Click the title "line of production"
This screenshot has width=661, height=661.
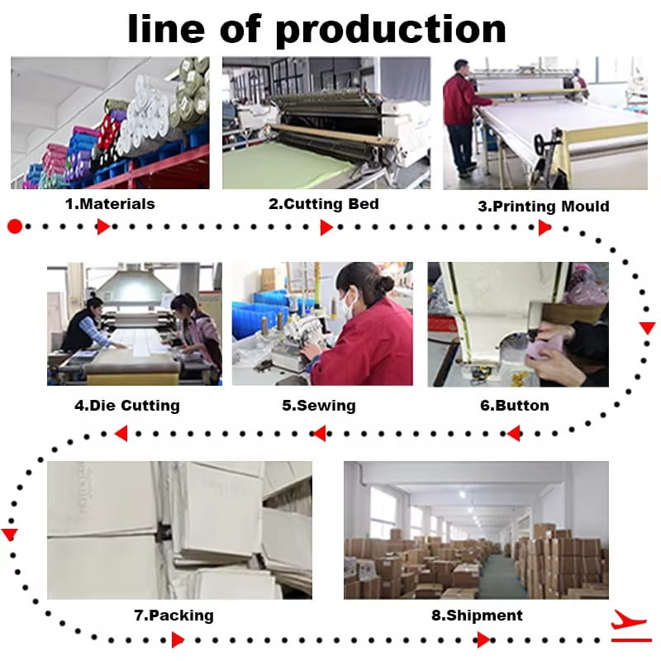coord(316,30)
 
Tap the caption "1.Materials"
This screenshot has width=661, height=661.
coord(110,204)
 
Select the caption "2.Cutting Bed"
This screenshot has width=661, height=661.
coord(324,204)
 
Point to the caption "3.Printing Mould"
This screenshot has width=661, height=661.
coord(544,206)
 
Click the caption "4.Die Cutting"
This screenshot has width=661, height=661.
coord(127,406)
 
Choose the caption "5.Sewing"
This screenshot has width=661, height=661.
coord(319,406)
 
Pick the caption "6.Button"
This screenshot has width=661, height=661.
coord(515,406)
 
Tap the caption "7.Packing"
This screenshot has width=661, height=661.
coord(174,616)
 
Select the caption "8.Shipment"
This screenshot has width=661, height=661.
coord(477,616)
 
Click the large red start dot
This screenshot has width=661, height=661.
coord(15,226)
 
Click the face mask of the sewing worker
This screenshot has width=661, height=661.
coord(346,301)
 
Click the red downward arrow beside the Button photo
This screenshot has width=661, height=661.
coord(647,327)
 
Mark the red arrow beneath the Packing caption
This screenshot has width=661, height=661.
coord(178,640)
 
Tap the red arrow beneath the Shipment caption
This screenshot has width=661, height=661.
coord(483,640)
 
